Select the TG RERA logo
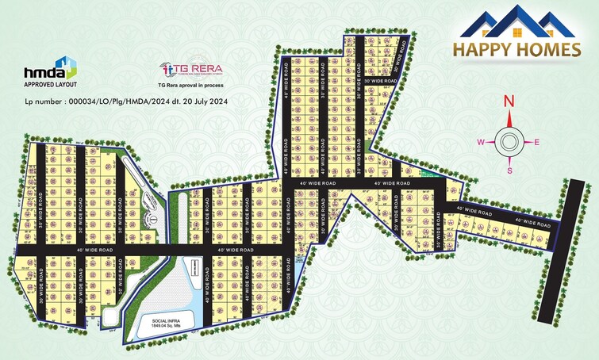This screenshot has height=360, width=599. [x=184, y=68]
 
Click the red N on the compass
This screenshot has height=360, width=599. [x=509, y=101]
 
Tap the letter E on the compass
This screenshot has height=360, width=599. [x=537, y=142]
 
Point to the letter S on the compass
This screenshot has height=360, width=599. [x=509, y=170]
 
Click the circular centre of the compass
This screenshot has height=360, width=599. [x=509, y=143]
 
